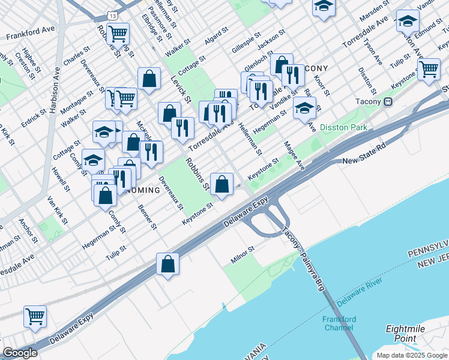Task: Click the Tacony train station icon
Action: [x=388, y=102]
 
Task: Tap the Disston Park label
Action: [x=343, y=127]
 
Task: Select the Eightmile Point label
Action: [x=405, y=334]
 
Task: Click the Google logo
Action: [x=19, y=353]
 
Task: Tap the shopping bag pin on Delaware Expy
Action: [x=167, y=264]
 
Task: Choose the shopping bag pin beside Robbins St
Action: [x=222, y=185]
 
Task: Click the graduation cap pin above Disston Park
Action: [x=304, y=109]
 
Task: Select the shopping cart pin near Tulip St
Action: [x=429, y=68]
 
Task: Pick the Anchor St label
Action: [x=28, y=230]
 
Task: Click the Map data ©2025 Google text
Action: [x=412, y=355]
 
